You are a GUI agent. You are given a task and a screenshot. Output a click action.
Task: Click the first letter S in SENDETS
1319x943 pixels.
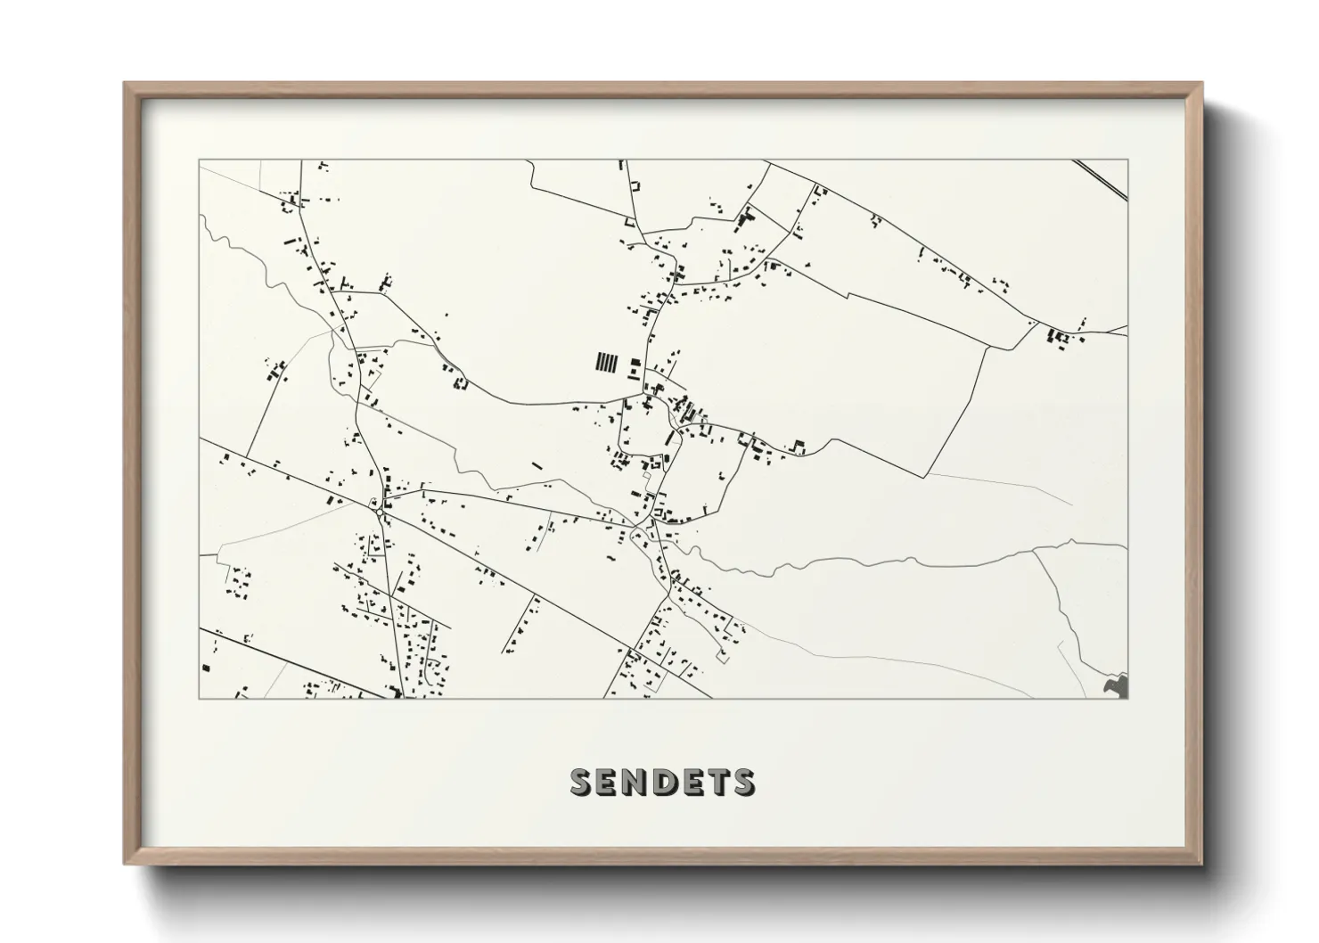point(580,782)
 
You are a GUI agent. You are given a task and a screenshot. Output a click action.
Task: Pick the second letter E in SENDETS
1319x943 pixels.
point(693,782)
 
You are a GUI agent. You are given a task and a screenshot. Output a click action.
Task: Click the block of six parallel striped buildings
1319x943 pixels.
point(606,362)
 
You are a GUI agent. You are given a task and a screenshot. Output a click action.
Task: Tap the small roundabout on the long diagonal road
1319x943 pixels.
point(381,510)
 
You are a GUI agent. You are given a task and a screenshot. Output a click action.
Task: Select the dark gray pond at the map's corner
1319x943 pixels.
point(1116,685)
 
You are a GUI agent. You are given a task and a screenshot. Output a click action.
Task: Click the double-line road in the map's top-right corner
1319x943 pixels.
point(1102,179)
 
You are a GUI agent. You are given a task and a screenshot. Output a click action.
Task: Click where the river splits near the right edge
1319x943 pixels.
point(1034,551)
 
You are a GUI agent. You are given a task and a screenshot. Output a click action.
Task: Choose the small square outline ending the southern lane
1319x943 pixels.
point(723,657)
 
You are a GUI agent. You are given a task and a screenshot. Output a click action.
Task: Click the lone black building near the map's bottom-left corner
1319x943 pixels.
point(207,667)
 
